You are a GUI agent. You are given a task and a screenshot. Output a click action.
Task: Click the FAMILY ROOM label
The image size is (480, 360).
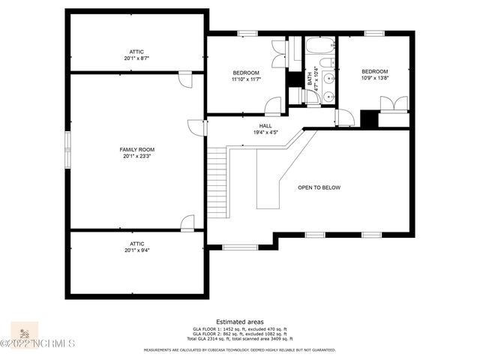coord(136,149)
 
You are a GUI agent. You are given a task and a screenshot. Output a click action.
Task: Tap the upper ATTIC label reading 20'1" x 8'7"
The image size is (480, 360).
coord(136,52)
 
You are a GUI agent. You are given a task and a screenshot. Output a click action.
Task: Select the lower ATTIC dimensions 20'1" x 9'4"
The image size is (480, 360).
coord(136,250)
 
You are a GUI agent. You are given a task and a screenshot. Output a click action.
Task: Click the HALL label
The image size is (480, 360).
coord(265,126)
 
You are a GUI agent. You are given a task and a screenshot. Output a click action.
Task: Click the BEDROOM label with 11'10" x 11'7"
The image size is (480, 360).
coord(245,72)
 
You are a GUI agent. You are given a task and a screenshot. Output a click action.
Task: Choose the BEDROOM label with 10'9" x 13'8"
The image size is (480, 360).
coord(375,71)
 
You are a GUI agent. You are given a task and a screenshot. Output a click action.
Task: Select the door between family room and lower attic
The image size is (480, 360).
coord(187,222)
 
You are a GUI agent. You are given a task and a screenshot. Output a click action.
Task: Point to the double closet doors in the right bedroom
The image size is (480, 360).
coord(394,103)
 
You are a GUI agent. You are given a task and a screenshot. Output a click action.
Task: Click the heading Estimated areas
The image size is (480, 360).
coord(239,321)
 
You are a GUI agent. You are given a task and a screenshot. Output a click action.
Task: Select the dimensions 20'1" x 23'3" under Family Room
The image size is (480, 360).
coord(136,157)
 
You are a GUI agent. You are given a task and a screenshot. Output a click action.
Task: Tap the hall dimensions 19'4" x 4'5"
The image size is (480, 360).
coord(265,133)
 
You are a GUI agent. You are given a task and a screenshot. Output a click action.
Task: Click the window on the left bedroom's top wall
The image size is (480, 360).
coord(246,33)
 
